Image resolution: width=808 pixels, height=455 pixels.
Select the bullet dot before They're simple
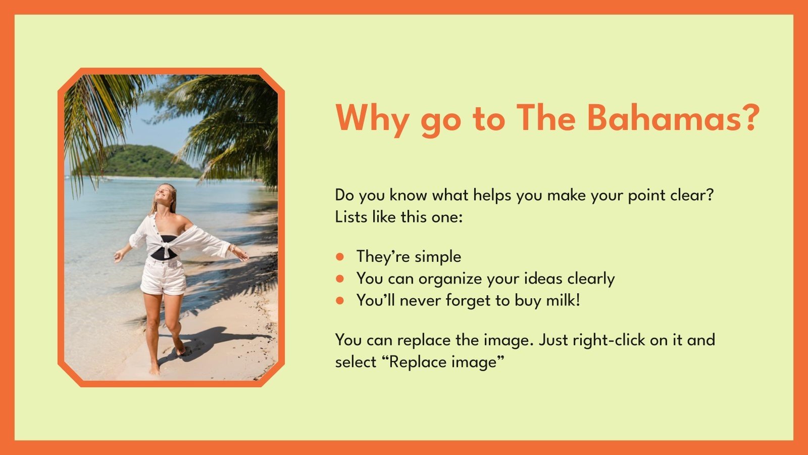point(340,257)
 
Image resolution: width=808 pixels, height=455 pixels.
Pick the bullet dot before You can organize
point(340,279)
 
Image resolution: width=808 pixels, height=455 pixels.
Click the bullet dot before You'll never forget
point(340,301)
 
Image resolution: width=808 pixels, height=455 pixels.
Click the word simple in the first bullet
point(436,257)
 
